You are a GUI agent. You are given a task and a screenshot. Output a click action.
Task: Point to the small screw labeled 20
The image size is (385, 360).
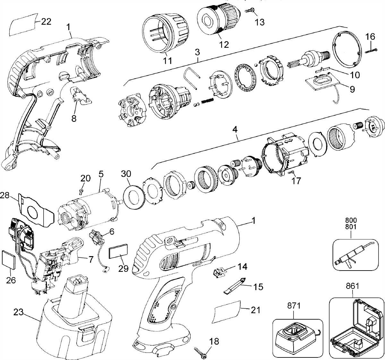click(81, 191)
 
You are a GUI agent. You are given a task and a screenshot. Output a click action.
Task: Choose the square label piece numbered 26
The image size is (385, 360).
click(8, 259)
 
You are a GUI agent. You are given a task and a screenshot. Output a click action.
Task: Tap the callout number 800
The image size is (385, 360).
click(351, 221)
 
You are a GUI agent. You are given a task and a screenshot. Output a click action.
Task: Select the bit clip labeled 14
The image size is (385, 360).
click(218, 272)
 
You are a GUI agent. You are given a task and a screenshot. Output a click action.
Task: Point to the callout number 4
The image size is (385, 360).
click(235, 130)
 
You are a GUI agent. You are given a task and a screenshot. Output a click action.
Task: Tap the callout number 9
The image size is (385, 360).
click(352, 89)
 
